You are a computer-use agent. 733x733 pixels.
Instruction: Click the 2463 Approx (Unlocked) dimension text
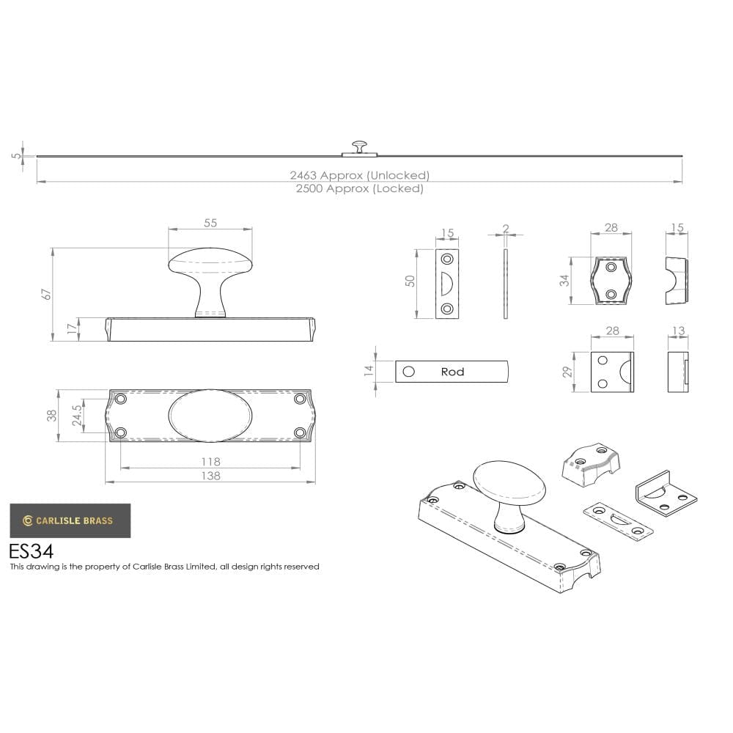click(359, 175)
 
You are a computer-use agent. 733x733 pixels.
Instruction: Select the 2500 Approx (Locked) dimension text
click(359, 188)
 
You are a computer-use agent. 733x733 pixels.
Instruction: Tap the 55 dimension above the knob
click(210, 223)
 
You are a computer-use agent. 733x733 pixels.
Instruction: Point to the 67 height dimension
click(47, 293)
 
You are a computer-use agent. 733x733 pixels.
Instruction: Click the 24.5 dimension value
click(76, 416)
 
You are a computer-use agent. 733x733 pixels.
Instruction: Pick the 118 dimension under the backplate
click(210, 462)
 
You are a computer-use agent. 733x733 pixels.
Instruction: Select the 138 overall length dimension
click(210, 476)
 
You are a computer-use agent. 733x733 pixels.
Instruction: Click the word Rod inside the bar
click(452, 372)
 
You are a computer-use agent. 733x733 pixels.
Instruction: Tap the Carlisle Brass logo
click(70, 520)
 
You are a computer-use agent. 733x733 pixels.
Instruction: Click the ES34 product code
click(31, 550)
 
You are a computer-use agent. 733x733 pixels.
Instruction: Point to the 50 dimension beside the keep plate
click(410, 281)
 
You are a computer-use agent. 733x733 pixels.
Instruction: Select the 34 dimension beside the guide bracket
click(565, 280)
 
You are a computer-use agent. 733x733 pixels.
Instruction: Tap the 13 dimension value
click(678, 331)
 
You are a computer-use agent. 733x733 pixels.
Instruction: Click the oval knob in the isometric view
click(509, 485)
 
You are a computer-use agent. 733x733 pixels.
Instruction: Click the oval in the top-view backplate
click(210, 416)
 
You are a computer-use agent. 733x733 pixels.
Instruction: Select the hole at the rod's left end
click(409, 372)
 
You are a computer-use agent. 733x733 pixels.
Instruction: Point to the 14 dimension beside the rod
click(369, 372)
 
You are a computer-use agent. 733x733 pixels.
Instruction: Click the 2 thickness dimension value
click(506, 229)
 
